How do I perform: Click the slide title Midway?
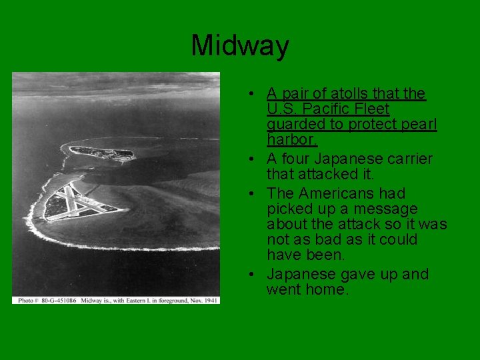tap(240, 46)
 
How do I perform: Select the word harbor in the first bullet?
tap(291, 139)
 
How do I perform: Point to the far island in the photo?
tap(100, 152)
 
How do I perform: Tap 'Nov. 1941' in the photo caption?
tap(203, 300)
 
